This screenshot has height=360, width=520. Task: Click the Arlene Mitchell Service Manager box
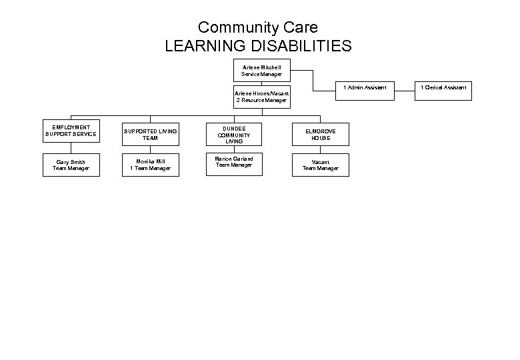click(x=261, y=71)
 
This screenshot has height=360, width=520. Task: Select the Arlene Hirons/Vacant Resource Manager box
click(x=261, y=97)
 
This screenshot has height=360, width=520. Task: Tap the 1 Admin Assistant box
click(x=365, y=87)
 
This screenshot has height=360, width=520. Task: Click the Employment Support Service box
click(x=71, y=131)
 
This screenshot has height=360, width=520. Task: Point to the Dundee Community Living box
click(x=234, y=134)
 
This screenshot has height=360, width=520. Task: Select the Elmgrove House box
click(x=320, y=134)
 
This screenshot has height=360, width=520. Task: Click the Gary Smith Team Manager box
click(x=71, y=165)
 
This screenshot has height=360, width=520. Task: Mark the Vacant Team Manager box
click(x=320, y=165)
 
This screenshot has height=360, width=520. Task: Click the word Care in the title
click(x=300, y=27)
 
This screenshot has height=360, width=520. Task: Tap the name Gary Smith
click(x=71, y=162)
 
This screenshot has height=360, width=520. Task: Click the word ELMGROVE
click(x=320, y=131)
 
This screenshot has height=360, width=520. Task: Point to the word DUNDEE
click(x=234, y=127)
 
